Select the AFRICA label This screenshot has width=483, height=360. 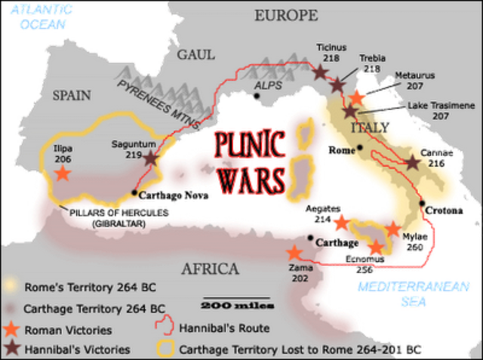pyautogui.click(x=212, y=269)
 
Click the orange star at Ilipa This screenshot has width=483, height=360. pyautogui.click(x=62, y=173)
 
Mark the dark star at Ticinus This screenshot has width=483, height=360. pyautogui.click(x=321, y=72)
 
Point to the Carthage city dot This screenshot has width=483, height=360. pyautogui.click(x=310, y=238)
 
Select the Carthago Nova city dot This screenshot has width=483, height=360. pyautogui.click(x=134, y=192)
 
